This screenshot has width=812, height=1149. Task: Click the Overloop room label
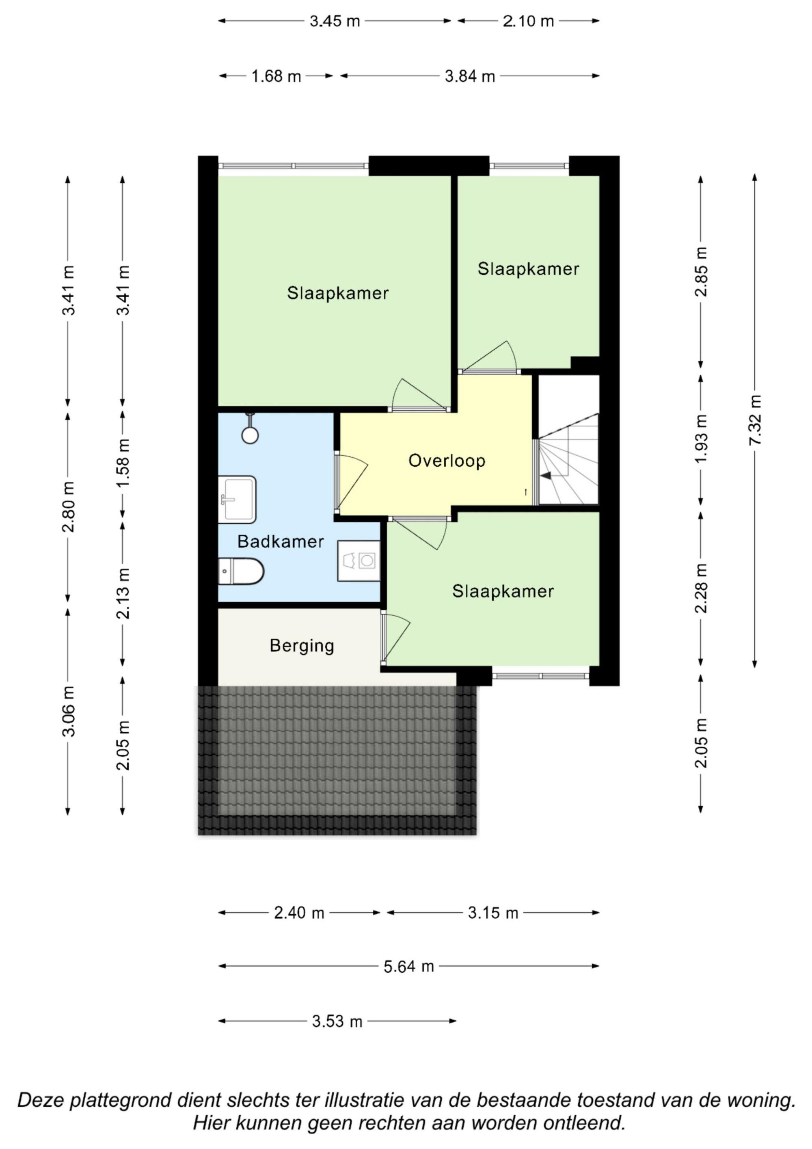coord(447,461)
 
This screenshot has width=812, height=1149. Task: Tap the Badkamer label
coord(281,541)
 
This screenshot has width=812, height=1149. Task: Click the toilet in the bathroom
coord(241,571)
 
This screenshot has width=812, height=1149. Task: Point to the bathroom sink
coord(237,499)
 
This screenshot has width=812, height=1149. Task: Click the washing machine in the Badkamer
coord(359,560)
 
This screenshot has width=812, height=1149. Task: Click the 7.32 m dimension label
coord(756,420)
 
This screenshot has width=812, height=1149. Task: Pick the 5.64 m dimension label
coord(409,966)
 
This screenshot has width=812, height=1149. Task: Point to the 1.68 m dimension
coord(276,76)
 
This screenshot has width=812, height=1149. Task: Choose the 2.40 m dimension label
coord(299,913)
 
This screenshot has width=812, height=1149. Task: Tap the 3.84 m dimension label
coord(470,76)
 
